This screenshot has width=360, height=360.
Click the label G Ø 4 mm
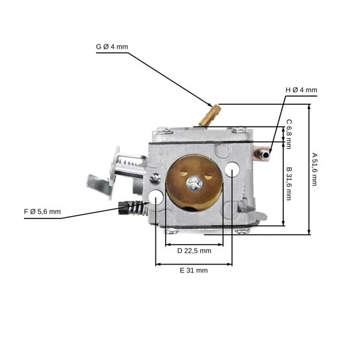coord(112,47)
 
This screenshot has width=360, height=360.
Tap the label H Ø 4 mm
coord(301,90)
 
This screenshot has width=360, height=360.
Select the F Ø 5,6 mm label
coord(43,212)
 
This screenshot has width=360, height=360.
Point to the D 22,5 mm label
coord(194,251)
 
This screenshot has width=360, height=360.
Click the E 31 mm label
coord(194,271)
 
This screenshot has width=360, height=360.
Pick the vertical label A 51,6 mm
coord(314,169)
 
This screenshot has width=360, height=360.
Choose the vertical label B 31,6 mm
coord(289,184)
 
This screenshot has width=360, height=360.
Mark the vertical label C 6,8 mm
coord(289,134)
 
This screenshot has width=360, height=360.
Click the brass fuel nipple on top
coord(210,115)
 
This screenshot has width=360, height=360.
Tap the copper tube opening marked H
coord(266,155)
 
